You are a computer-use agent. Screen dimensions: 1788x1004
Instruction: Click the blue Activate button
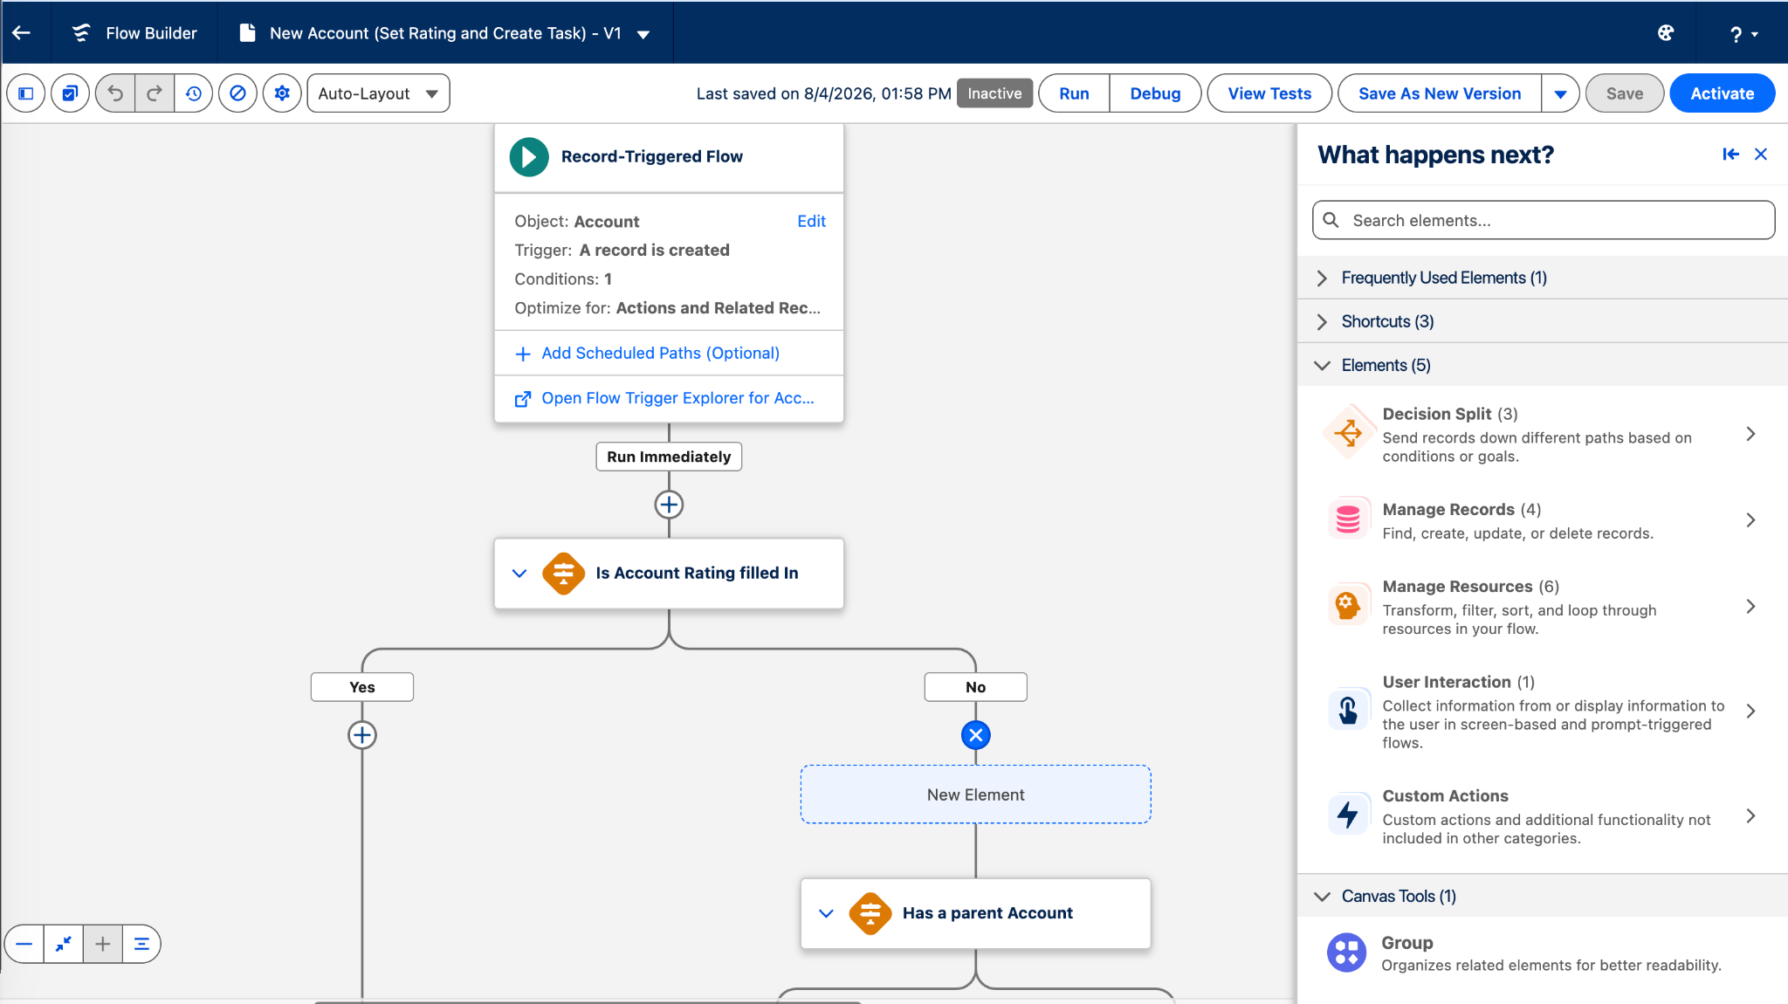(x=1722, y=93)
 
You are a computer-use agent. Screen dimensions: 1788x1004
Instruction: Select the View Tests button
(x=1269, y=93)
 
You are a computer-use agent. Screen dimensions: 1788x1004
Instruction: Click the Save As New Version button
(x=1440, y=93)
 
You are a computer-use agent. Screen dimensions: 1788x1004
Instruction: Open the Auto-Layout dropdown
(x=378, y=93)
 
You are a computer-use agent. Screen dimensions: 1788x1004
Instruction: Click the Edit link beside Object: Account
(x=811, y=221)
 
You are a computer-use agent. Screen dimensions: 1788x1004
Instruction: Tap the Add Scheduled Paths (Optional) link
(x=660, y=353)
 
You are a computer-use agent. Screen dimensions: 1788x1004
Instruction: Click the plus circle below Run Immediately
(x=669, y=505)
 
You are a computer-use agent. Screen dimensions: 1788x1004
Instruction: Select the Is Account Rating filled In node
(x=669, y=574)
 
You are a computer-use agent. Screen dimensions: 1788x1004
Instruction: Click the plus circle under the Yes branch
(x=362, y=735)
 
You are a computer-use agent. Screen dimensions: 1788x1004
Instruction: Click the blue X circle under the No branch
(x=976, y=735)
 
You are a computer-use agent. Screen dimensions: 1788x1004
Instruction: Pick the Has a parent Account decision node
(x=976, y=913)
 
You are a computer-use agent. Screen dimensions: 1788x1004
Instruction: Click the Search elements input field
(x=1544, y=220)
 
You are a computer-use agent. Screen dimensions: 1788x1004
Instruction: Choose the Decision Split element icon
(x=1348, y=432)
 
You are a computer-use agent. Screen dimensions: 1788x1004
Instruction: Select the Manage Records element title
(x=1448, y=509)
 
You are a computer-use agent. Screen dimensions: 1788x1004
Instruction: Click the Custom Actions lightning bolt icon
(x=1348, y=815)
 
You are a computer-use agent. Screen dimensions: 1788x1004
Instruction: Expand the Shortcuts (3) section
(x=1387, y=321)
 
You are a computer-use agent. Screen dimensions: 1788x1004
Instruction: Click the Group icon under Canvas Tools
(x=1347, y=952)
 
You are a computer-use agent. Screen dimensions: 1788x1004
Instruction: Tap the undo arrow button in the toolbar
(x=115, y=93)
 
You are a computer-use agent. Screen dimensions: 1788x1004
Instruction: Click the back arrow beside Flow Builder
(x=22, y=32)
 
